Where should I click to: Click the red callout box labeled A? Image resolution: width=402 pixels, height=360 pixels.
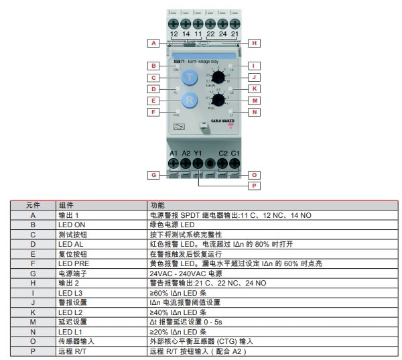(153, 42)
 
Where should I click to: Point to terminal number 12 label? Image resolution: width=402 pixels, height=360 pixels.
(174, 34)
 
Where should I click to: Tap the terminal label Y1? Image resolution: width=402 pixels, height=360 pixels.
(198, 153)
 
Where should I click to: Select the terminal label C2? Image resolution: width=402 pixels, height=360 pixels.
(222, 153)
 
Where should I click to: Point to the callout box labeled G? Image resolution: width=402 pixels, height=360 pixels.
(153, 174)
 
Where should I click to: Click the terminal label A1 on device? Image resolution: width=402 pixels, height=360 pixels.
(174, 153)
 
